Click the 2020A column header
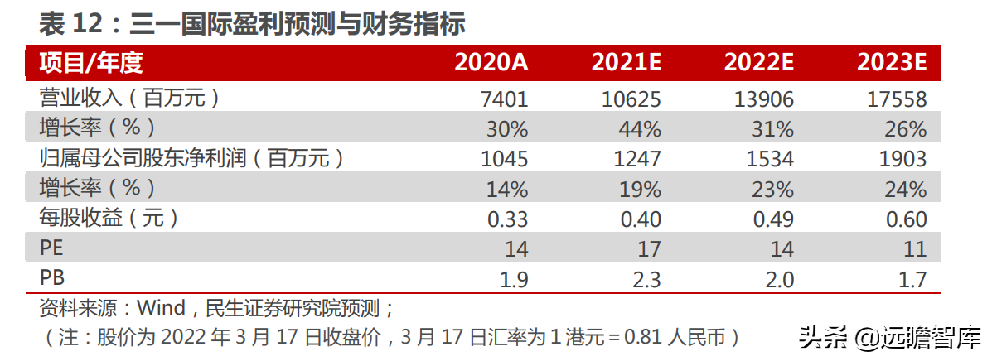tap(491, 62)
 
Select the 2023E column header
tap(892, 62)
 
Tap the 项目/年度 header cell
tap(86, 62)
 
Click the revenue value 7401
tap(504, 99)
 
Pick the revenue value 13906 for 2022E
tap(763, 99)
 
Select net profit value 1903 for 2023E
tap(902, 159)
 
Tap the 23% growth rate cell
tap(773, 190)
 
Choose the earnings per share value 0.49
tap(770, 219)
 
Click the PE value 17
tap(648, 249)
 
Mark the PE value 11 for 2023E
tap(914, 249)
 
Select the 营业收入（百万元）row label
tap(130, 99)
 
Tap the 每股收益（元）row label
tap(109, 219)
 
